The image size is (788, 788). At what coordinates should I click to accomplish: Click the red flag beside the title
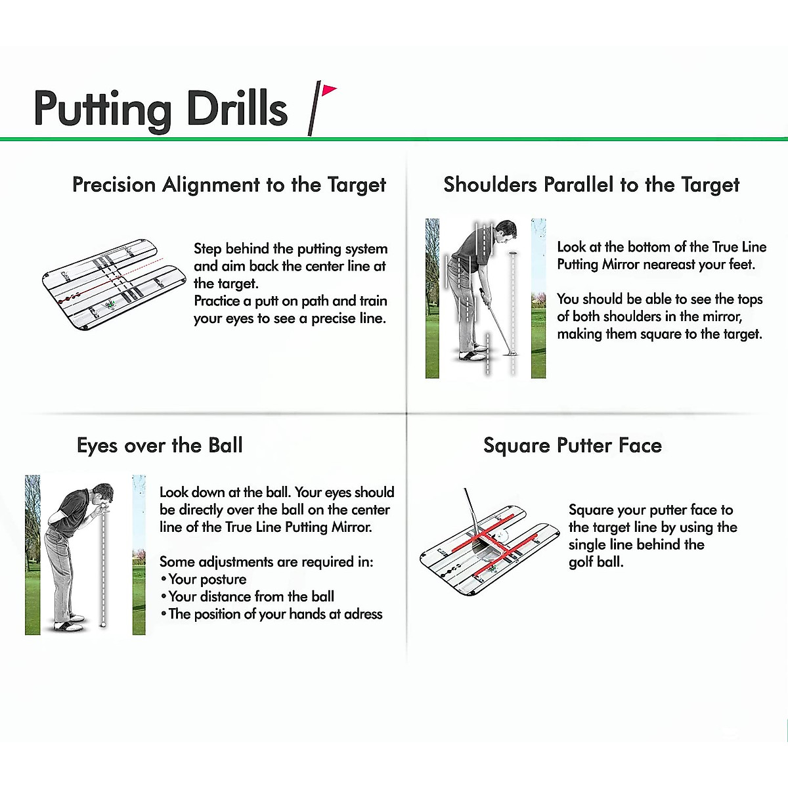328,91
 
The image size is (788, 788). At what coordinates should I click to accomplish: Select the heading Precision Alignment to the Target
229,185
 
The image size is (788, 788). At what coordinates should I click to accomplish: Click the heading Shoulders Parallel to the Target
591,185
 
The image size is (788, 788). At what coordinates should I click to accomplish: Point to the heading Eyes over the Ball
160,445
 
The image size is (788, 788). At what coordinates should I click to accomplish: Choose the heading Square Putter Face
573,445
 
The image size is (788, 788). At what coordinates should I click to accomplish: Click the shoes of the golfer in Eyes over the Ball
69,622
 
